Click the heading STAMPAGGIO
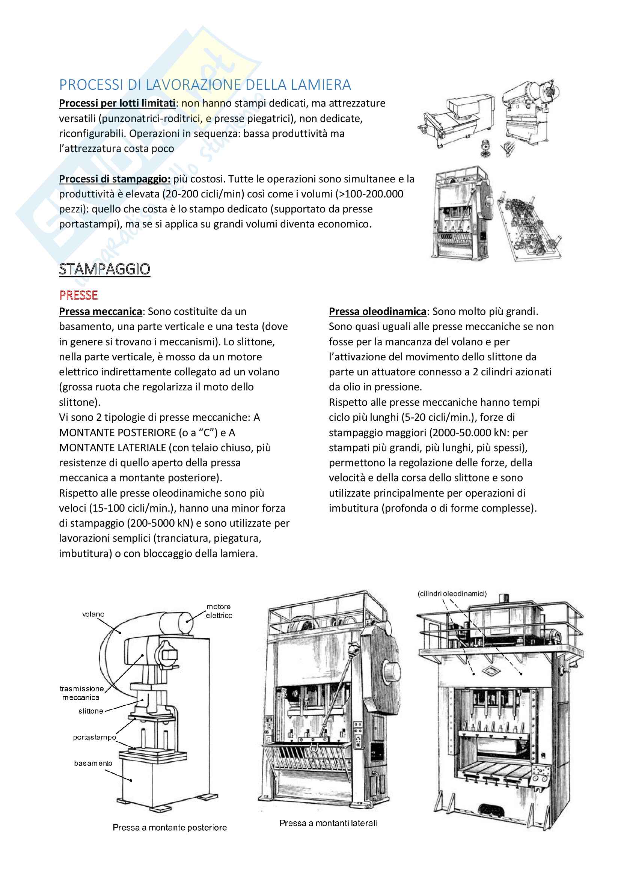click(x=104, y=269)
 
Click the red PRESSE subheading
click(x=78, y=295)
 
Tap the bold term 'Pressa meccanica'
click(x=101, y=312)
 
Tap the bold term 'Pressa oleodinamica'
click(x=377, y=312)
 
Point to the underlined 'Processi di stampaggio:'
click(x=115, y=179)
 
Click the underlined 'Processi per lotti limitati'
click(x=117, y=103)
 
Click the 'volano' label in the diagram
click(x=93, y=614)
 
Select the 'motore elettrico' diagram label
click(x=219, y=611)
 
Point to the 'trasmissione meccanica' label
click(x=81, y=693)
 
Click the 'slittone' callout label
click(x=90, y=711)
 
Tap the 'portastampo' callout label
click(x=95, y=737)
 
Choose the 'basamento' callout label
click(x=93, y=763)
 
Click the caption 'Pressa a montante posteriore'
click(x=169, y=827)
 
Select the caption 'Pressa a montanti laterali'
click(x=328, y=823)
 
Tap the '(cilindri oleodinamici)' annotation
click(x=452, y=593)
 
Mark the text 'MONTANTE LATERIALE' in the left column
click(x=112, y=447)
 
